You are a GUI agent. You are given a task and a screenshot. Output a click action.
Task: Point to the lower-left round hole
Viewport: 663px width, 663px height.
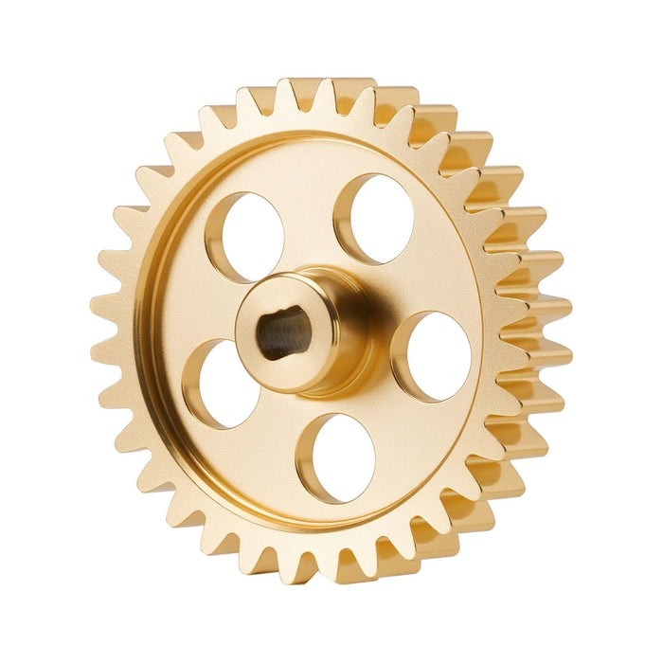[x=227, y=383]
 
